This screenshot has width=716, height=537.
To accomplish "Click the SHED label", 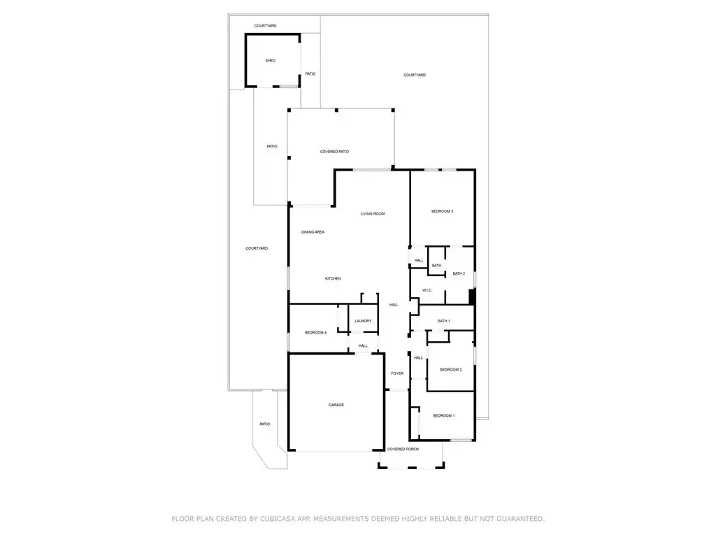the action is pyautogui.click(x=271, y=60).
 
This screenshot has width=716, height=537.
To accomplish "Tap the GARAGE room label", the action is pyautogui.click(x=336, y=405).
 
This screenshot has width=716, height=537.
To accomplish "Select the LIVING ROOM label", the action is pyautogui.click(x=373, y=214).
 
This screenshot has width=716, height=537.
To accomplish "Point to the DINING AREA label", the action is pyautogui.click(x=313, y=232).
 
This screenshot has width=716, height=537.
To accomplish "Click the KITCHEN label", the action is pyautogui.click(x=333, y=278).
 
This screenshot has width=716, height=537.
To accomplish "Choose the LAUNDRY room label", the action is pyautogui.click(x=363, y=321).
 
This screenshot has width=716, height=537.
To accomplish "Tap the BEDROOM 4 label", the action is pyautogui.click(x=315, y=332).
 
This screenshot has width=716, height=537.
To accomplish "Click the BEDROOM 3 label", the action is pyautogui.click(x=442, y=211).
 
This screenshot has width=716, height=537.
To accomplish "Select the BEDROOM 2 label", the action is pyautogui.click(x=451, y=370).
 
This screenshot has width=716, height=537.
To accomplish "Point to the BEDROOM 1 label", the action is pyautogui.click(x=444, y=415).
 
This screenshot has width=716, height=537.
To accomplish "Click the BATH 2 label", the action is pyautogui.click(x=459, y=273).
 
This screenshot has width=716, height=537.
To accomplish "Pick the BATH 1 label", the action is pyautogui.click(x=444, y=321).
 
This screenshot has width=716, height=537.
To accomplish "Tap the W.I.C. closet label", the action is pyautogui.click(x=427, y=290).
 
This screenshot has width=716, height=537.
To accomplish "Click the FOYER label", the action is pyautogui.click(x=397, y=373).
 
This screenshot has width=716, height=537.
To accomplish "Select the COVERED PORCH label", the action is pyautogui.click(x=403, y=450).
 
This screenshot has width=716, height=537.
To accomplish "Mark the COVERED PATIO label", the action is pyautogui.click(x=335, y=152).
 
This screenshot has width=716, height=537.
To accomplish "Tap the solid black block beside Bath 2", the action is pyautogui.click(x=473, y=296).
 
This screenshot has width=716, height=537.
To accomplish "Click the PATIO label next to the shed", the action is pyautogui.click(x=310, y=73).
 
